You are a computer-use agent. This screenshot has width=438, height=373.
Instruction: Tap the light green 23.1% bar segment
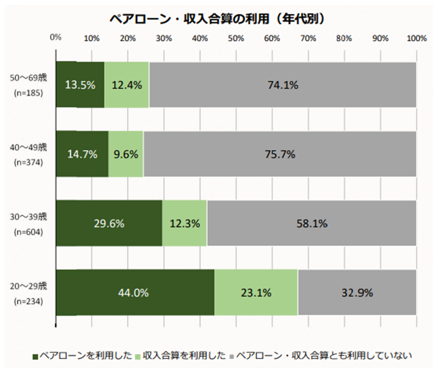[x=256, y=292]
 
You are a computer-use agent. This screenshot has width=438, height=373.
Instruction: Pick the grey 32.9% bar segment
[x=357, y=292]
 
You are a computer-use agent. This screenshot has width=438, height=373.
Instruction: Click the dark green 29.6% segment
[x=109, y=223]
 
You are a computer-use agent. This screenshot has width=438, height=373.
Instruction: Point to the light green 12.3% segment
[x=185, y=223]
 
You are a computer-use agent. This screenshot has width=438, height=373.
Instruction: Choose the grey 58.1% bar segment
[x=311, y=223]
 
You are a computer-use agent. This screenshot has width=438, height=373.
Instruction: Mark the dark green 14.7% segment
[x=82, y=154]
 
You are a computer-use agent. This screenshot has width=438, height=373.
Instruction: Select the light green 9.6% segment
[x=126, y=154]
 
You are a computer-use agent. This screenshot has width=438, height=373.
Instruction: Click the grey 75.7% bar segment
[x=279, y=154]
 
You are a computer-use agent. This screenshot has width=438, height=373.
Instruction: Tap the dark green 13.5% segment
[x=80, y=84]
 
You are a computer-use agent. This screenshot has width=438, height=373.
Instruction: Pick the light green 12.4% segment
[x=127, y=84]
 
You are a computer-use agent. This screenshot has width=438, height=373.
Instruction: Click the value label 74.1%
[x=283, y=85]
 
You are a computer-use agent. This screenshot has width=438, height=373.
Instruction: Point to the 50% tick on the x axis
[x=236, y=38]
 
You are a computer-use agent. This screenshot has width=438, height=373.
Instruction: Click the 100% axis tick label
[x=417, y=38]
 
